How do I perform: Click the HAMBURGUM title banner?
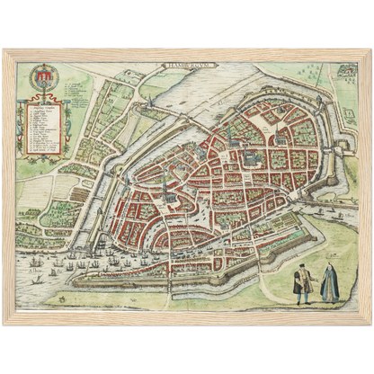pos(186,66)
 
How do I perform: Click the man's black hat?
pos(302,265)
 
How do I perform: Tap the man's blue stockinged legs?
pos(303,297)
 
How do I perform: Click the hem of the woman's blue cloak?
pos(330,301)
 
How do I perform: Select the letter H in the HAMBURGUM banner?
pos(167,66)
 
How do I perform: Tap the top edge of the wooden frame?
pos(187,49)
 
